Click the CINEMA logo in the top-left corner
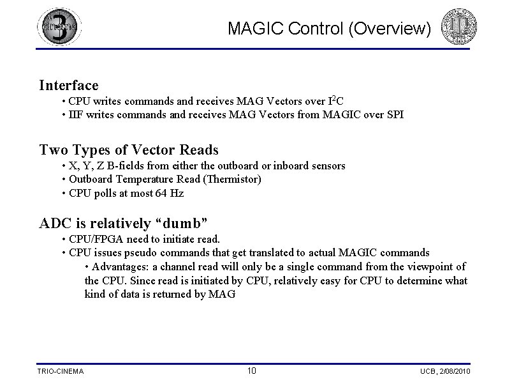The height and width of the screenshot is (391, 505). click(59, 27)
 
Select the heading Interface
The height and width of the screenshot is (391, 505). click(69, 85)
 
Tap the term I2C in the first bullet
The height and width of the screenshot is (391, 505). click(335, 101)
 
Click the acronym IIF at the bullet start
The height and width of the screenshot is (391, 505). click(77, 115)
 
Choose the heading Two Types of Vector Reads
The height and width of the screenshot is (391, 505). click(129, 150)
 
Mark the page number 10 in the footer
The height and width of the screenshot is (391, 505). click(252, 371)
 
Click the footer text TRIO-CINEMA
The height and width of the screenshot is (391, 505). click(61, 371)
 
